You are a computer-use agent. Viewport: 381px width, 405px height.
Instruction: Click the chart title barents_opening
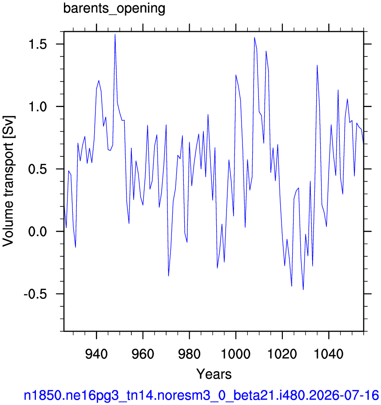click(114, 8)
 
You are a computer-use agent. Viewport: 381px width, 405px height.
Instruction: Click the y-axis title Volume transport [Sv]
click(8, 181)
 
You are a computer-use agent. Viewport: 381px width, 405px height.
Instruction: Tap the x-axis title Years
click(214, 374)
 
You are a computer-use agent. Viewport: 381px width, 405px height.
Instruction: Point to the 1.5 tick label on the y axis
click(38, 44)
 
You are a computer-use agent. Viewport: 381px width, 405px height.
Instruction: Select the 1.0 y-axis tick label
click(38, 107)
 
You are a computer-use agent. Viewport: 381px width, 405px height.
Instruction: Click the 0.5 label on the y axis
click(38, 169)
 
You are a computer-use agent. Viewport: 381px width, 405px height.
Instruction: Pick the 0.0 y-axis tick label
click(38, 232)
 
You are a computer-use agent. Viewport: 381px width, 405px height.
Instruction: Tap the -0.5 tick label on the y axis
click(36, 294)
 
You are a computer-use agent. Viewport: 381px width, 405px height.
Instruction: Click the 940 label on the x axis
click(96, 354)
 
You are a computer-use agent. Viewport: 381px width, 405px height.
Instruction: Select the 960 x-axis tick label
click(143, 354)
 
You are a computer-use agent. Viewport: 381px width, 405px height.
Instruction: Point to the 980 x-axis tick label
click(189, 354)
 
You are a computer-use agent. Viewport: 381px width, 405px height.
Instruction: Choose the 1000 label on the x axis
click(236, 354)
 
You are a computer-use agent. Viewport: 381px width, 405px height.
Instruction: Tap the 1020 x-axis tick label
click(282, 354)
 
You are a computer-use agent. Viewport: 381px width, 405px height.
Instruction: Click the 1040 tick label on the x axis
click(329, 354)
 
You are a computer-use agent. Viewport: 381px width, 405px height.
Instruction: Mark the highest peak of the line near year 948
click(115, 34)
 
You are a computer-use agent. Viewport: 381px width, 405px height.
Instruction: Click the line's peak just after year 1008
click(254, 37)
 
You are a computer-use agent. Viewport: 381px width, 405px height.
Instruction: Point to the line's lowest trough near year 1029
click(303, 290)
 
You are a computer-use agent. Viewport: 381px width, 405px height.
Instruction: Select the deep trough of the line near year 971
click(168, 276)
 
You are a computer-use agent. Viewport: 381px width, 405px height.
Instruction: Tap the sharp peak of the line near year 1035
click(317, 65)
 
